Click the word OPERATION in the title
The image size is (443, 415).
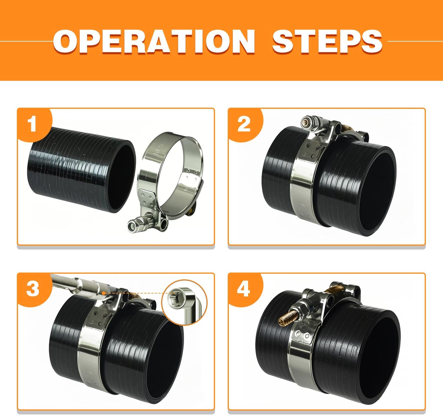(154, 42)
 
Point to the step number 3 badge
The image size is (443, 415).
(33, 289)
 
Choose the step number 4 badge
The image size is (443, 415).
(244, 289)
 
